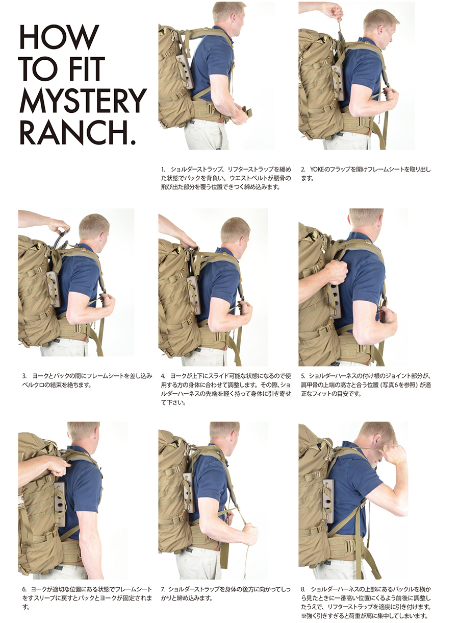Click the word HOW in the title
click(59, 37)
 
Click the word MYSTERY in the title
click(83, 100)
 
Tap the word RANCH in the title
click(73, 132)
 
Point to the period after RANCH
click(133, 142)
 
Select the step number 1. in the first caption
click(163, 170)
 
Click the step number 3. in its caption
click(24, 376)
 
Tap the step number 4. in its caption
click(163, 376)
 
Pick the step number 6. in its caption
click(24, 589)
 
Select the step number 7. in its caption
click(163, 589)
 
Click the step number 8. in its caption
click(303, 589)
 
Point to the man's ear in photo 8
click(377, 440)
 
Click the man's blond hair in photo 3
click(93, 225)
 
